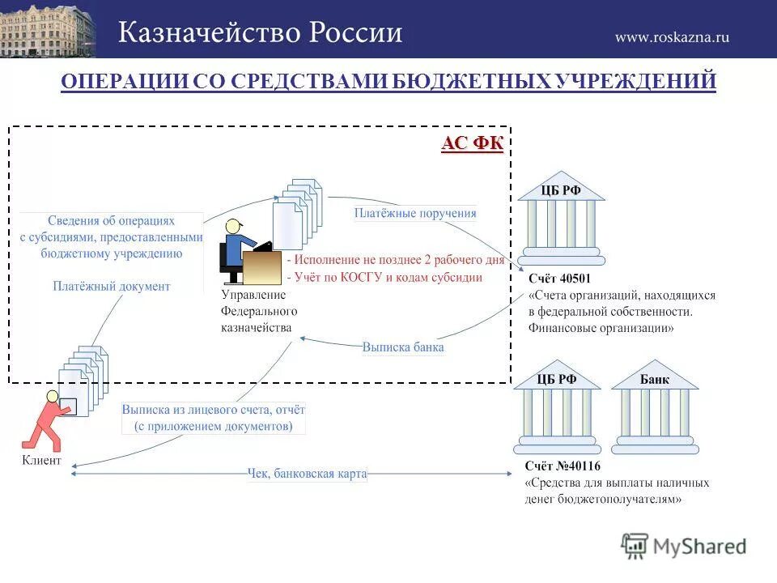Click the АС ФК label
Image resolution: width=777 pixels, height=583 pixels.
click(473, 144)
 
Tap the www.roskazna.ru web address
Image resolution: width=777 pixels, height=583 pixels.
click(672, 36)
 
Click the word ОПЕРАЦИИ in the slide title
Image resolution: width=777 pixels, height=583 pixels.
click(124, 82)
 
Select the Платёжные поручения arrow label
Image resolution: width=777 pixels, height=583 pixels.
click(415, 214)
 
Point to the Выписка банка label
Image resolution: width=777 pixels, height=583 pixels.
click(403, 347)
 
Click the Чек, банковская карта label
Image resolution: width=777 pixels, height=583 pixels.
click(307, 474)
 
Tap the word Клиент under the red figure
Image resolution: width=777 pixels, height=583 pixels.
click(40, 460)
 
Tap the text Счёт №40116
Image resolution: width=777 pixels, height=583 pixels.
click(562, 466)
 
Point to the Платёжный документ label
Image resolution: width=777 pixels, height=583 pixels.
click(112, 286)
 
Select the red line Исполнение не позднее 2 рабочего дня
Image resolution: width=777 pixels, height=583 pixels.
click(395, 261)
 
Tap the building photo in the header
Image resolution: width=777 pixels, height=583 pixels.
click(47, 29)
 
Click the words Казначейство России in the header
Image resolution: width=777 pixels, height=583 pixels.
click(261, 32)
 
